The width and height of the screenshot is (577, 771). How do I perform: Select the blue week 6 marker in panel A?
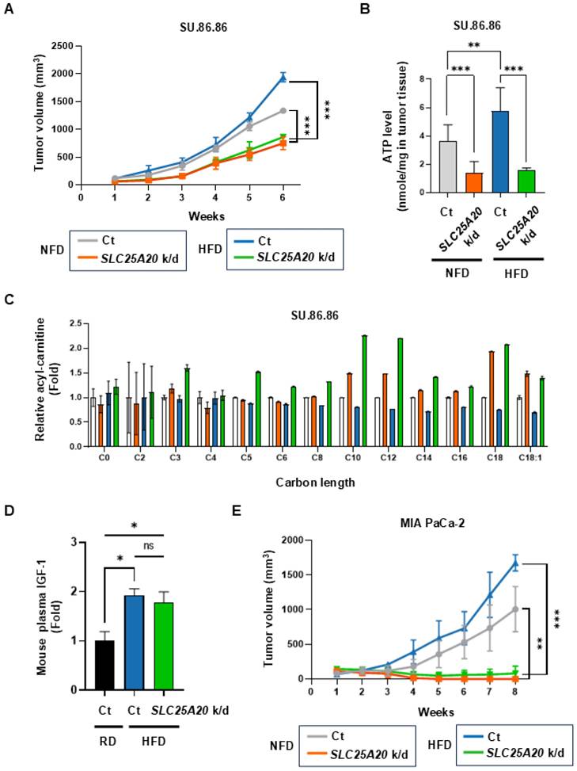283,77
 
